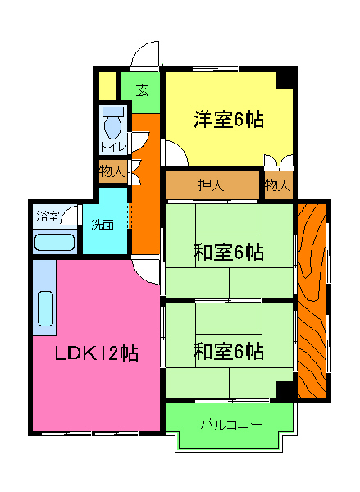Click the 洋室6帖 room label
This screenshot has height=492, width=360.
pos(229,120)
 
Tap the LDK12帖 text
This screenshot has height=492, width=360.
pos(96,354)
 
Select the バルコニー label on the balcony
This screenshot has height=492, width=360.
pos(230,425)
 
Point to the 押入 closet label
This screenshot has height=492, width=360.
pos(212,185)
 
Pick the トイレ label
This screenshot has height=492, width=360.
pos(112,147)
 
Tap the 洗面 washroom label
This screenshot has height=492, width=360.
pos(103,223)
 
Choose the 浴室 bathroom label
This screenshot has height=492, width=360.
pos(48,217)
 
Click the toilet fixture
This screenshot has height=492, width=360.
pos(113,123)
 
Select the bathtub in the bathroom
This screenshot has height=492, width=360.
pos(54,244)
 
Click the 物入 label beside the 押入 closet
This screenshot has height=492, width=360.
pos(277,185)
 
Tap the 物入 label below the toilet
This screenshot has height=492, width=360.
pos(112,171)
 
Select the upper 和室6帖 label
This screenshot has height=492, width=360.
pos(229,252)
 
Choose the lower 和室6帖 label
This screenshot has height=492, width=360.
pos(229,352)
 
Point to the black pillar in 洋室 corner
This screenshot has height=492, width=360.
pos(285,78)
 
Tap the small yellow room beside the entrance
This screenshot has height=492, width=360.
pos(107,84)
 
